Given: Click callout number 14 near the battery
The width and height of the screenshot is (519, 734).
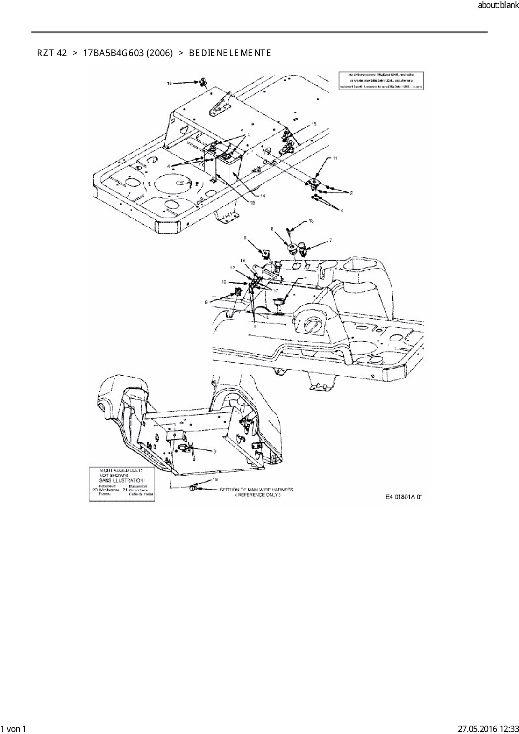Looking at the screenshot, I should coord(263,195).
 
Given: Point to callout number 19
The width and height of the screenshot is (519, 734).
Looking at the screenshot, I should coord(253,203).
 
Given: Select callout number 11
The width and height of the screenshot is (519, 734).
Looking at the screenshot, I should coord(335,158).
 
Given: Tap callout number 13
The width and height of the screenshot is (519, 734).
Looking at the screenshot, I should coord(311,221).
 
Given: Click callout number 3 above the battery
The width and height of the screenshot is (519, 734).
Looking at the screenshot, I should coord(249,134).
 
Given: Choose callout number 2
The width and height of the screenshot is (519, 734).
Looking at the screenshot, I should coord(352,193).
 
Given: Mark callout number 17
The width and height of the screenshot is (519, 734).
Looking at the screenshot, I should coord(276,290).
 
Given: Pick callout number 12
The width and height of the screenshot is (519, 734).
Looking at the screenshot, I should coord(232,267).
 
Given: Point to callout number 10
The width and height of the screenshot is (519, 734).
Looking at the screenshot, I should coord(224,282).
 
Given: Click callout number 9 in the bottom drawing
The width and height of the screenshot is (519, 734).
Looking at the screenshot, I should coord(215,452).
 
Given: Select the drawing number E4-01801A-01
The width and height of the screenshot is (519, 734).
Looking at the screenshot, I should coord(404,497).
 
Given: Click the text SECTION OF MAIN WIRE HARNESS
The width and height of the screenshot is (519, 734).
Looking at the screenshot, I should coord(257,490).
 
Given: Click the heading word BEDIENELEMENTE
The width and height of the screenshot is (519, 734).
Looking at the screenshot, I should coord(230,53).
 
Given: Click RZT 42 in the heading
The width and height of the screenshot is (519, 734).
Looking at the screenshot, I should coord(52,53).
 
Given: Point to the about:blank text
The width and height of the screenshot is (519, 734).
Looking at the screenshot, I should coord(498,6).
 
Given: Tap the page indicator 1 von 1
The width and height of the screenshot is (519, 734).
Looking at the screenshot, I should coord(13,729).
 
